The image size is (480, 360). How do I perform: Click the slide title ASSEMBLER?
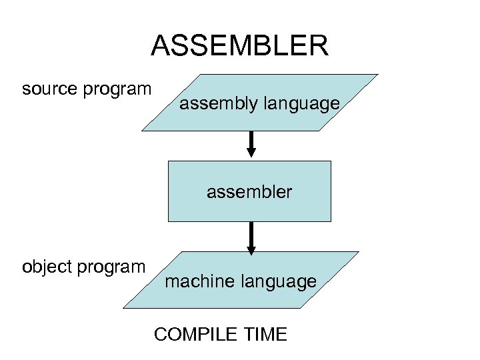pos(239,46)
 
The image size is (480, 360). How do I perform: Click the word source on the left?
pos(51,89)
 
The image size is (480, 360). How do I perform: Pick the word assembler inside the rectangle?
pos(249,192)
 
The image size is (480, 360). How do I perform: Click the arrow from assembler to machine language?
pos(251,237)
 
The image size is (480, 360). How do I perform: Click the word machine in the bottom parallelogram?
pos(197,282)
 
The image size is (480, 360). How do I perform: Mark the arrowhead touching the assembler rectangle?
pos(252,155)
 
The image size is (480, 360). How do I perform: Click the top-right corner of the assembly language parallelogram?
pos(378,74)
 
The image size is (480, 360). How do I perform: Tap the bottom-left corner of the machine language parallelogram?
pos(125,307)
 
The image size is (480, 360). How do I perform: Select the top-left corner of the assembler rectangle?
pos(168,161)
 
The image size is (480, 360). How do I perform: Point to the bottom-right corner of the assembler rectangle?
pos(331,221)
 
